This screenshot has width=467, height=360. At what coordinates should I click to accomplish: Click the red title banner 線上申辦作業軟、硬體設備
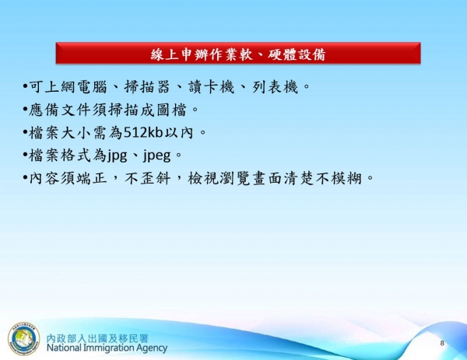click(x=238, y=54)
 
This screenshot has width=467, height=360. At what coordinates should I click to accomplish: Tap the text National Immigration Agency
click(x=107, y=348)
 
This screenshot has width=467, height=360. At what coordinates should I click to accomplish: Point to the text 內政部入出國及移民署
click(x=107, y=336)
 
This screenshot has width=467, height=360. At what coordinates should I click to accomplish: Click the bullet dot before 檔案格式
click(x=24, y=156)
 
